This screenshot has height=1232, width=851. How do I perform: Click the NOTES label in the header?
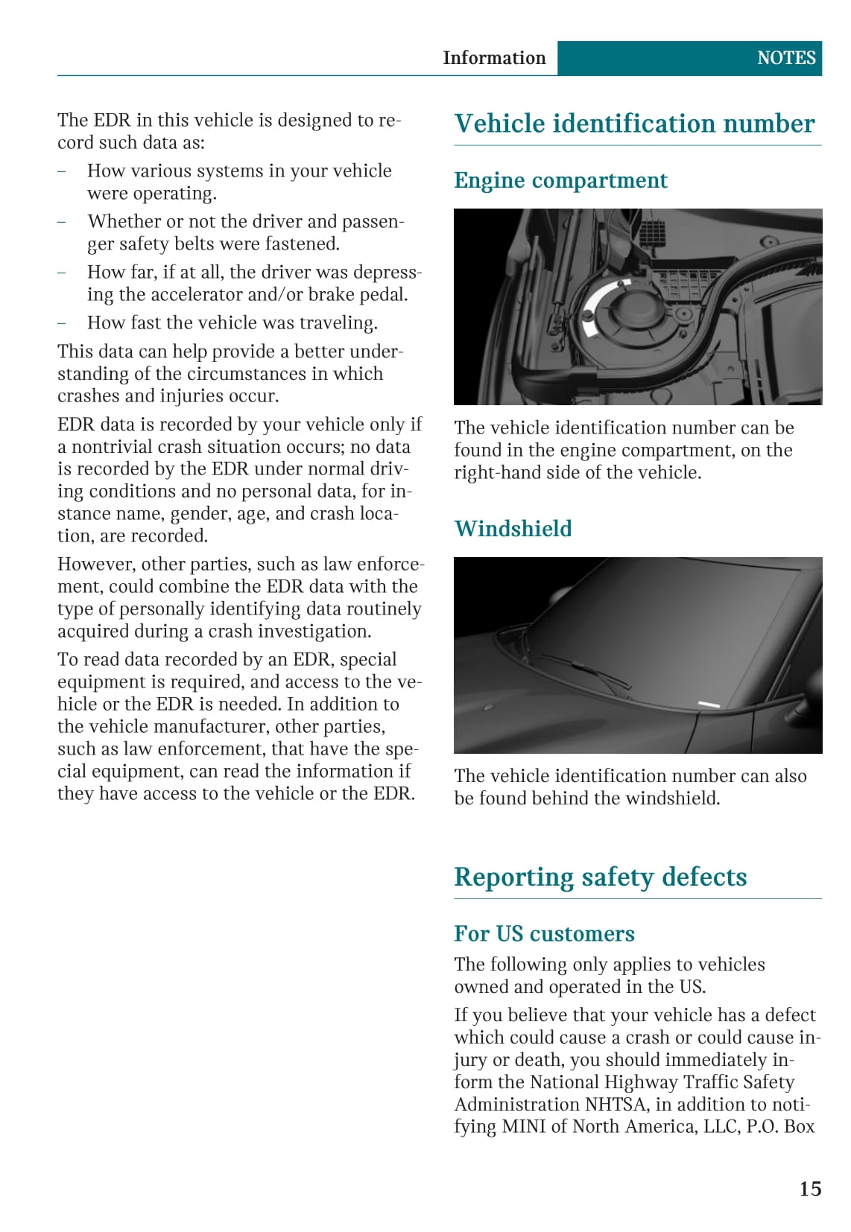pos(785,58)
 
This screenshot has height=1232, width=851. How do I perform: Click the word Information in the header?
pos(493,58)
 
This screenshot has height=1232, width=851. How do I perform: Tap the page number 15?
pos(810,1188)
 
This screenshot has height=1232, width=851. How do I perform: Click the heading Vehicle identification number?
pos(634,124)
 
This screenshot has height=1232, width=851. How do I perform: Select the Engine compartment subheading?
pos(560,180)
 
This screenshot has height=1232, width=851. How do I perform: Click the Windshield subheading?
pos(513,528)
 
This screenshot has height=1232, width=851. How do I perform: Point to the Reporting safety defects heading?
pos(600,877)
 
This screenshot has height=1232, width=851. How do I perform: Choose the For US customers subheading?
pos(544,933)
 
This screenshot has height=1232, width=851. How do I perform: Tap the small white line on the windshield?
pos(708,704)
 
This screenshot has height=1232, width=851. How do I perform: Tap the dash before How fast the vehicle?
pos(62,323)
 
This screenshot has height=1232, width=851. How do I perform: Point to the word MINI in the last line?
pos(523,1126)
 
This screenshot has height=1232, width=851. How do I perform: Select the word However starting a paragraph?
pos(94,564)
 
